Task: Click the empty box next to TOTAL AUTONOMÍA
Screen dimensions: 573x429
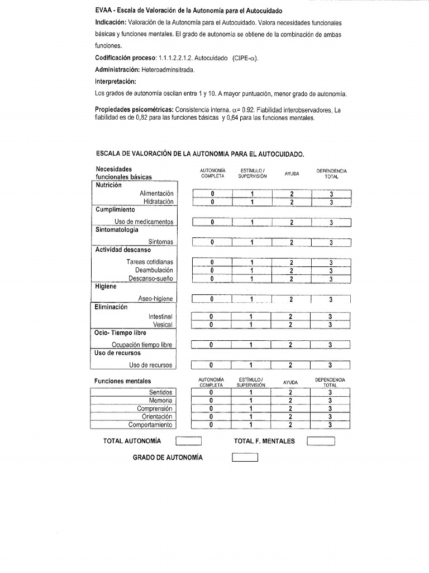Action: point(188,442)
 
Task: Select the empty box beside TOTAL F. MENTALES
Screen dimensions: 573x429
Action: point(321,442)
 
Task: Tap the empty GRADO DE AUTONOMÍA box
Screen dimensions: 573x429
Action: point(245,458)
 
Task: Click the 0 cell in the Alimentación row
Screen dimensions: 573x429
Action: point(212,194)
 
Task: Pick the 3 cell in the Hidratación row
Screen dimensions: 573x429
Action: point(331,202)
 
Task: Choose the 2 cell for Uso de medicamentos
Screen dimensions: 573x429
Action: point(291,223)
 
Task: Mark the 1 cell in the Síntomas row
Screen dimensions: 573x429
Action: point(251,242)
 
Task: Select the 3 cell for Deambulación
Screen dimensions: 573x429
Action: point(331,270)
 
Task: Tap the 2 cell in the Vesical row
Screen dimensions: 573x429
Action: point(290,325)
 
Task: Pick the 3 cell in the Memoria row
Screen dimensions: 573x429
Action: point(330,400)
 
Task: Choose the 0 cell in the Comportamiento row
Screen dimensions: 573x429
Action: point(211,425)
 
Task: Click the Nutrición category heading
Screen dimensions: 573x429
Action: point(108,185)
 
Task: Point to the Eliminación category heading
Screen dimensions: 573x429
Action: point(111,307)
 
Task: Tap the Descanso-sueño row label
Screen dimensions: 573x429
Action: point(150,278)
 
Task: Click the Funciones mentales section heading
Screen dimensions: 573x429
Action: point(122,381)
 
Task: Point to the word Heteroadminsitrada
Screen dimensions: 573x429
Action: point(171,71)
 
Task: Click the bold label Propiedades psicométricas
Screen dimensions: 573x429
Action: point(134,110)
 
